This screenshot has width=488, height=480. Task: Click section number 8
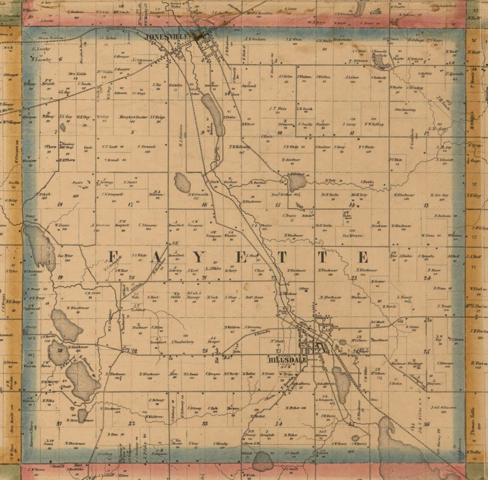[x=132, y=132]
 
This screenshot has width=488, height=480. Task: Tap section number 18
[x=60, y=204]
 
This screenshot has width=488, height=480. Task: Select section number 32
[x=132, y=423]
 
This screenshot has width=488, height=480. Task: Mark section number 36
[x=426, y=423]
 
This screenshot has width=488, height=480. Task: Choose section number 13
[x=426, y=204]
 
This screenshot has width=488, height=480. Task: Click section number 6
[x=60, y=60]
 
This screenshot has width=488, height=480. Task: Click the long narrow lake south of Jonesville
[x=212, y=114]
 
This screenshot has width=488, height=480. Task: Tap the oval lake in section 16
[x=182, y=182]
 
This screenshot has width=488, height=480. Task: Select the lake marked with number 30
[x=59, y=353]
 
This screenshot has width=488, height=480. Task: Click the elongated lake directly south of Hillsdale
[x=341, y=385]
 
